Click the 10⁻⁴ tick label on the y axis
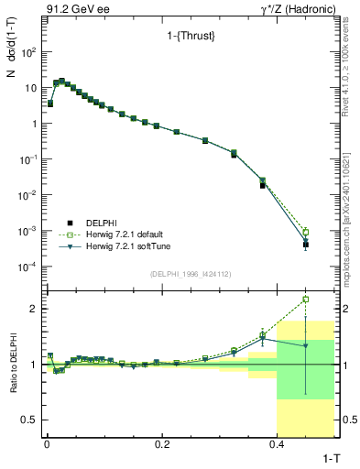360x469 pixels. (27, 267)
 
